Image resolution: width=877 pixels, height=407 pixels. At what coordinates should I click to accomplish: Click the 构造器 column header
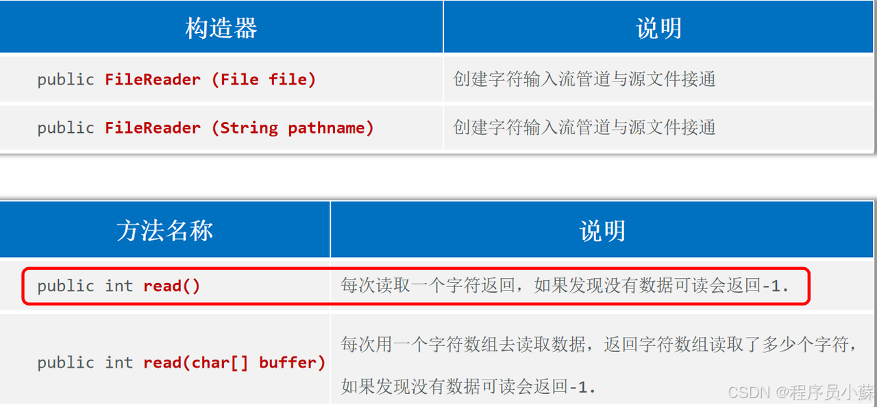221,28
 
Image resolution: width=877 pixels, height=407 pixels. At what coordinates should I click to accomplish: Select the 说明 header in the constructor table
658,28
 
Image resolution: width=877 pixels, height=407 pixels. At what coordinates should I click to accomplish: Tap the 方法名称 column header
164,231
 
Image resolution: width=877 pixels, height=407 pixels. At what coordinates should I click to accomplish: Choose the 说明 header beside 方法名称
602,231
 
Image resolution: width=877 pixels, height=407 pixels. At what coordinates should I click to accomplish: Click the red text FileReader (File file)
210,79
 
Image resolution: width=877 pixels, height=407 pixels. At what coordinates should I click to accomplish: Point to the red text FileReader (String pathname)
239,127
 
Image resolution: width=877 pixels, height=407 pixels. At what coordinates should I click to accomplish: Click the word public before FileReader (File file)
65,79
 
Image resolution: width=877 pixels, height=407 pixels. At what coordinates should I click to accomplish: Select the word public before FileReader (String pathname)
65,127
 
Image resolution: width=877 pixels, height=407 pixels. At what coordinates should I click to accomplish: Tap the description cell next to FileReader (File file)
584,79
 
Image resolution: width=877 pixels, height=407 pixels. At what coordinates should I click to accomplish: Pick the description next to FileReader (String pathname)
584,127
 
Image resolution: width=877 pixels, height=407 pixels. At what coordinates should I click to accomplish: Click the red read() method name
171,286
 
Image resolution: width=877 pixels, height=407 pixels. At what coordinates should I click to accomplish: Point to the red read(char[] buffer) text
234,362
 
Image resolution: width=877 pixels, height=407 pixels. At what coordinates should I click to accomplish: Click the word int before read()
119,286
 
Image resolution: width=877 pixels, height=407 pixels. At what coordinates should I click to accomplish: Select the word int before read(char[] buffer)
119,362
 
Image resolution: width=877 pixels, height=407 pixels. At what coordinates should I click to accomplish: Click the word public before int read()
65,286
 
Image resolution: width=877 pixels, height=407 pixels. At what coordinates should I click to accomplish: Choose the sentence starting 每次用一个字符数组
598,345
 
